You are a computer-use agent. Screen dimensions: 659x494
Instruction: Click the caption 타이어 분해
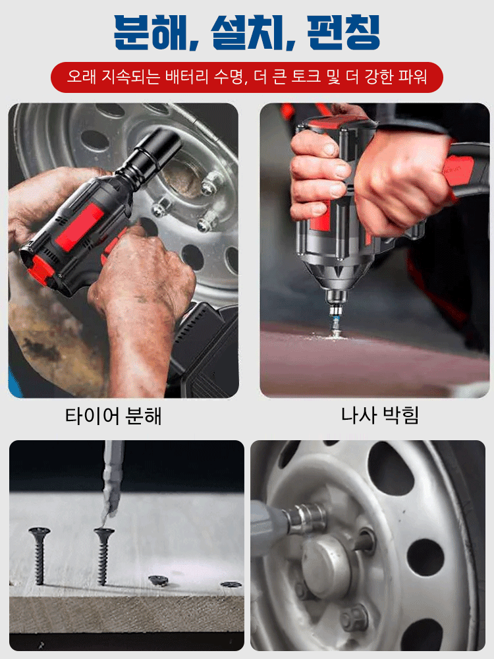coord(113,416)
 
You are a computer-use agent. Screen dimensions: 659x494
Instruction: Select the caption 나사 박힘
coord(380,415)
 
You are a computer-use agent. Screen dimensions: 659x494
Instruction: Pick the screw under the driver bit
coord(103,554)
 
